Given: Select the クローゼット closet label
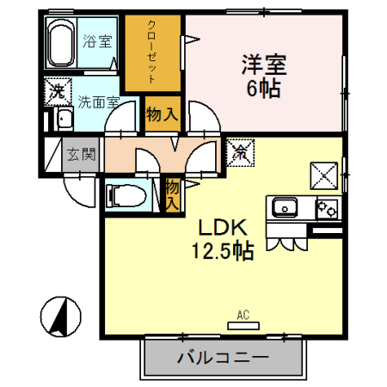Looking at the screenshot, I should pyautogui.click(x=152, y=51).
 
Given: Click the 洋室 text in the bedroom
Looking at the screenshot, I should pyautogui.click(x=263, y=64).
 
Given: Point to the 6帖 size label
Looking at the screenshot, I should pyautogui.click(x=263, y=89).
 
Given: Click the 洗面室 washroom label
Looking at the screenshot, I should pyautogui.click(x=99, y=101).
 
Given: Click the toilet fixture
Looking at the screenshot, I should pyautogui.click(x=126, y=196).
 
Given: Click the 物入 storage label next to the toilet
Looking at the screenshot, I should pyautogui.click(x=172, y=194).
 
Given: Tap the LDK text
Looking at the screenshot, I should pyautogui.click(x=224, y=228).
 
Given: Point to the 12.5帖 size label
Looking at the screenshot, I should pyautogui.click(x=222, y=251).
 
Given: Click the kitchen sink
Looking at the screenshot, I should pyautogui.click(x=285, y=207).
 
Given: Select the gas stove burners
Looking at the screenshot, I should pyautogui.click(x=327, y=207).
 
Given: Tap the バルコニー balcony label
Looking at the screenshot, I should pyautogui.click(x=224, y=358).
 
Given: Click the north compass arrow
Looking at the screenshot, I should pyautogui.click(x=61, y=316).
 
